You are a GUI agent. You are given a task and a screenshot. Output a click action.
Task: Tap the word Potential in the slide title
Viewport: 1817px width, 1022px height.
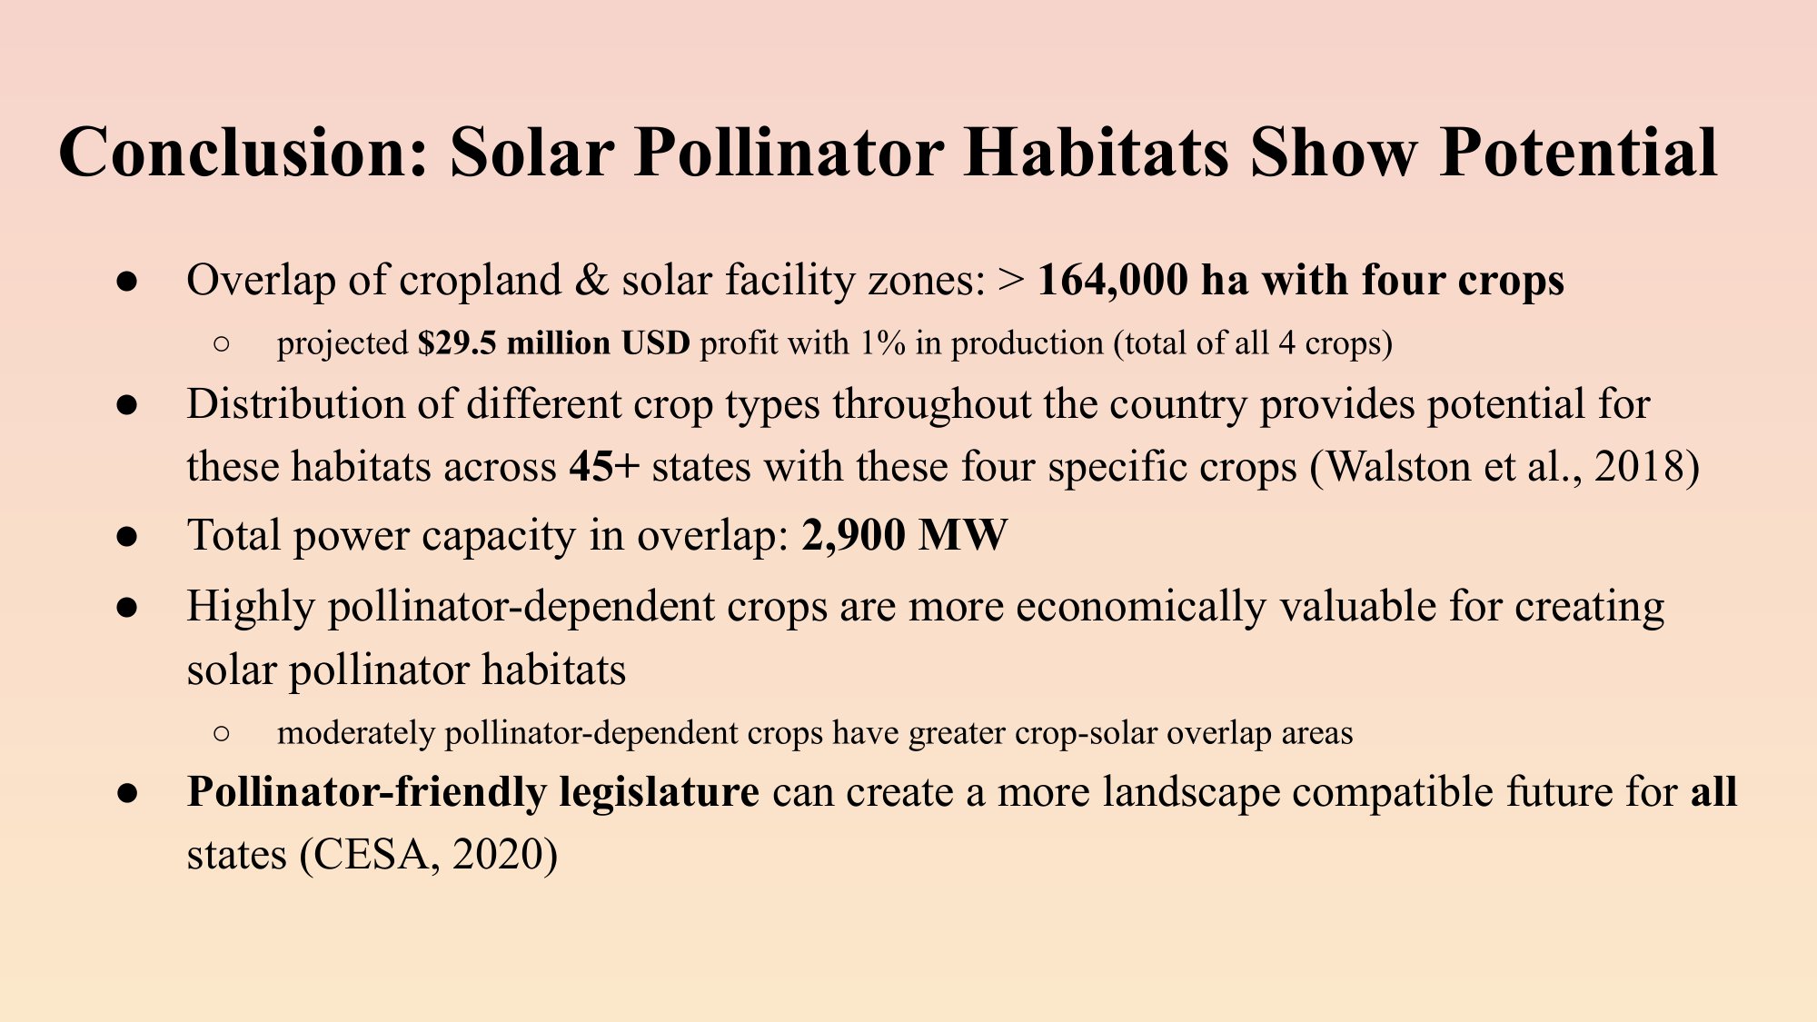pos(1579,152)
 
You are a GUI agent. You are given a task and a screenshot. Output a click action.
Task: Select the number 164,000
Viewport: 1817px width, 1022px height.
pos(1113,280)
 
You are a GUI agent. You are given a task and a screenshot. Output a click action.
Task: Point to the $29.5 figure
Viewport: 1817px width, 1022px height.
pos(457,343)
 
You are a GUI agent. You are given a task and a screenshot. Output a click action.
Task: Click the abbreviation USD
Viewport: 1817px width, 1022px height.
pos(656,343)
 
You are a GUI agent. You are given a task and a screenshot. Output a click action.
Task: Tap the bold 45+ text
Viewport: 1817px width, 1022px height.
pos(605,467)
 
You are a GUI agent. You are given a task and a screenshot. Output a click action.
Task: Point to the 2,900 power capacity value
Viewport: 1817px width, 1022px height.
pos(854,536)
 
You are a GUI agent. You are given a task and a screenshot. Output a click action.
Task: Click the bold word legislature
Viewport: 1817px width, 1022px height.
pos(659,792)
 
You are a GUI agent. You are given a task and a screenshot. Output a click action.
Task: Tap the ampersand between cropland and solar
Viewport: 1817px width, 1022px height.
pos(591,280)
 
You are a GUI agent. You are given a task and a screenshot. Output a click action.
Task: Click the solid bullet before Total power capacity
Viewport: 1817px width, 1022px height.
pos(127,537)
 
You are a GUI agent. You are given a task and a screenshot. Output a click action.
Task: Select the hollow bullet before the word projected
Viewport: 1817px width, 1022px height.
pos(222,344)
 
